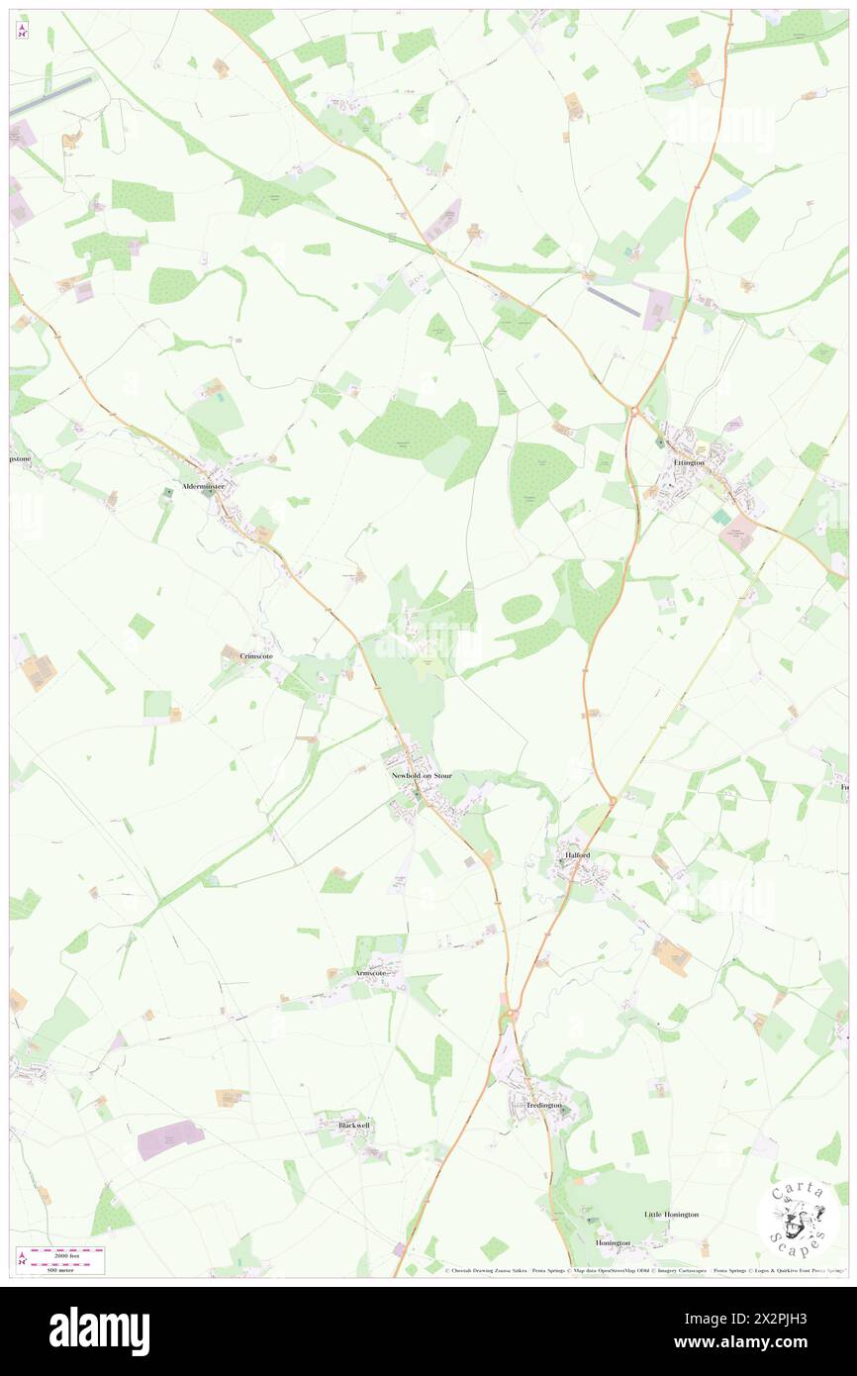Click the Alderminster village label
point(203,487)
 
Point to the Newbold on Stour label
point(422,775)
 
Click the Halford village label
point(577,854)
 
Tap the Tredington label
point(543,1104)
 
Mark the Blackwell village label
point(353,1126)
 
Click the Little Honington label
point(671,1214)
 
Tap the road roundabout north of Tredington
point(512,1016)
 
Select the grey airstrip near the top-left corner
point(51,96)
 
